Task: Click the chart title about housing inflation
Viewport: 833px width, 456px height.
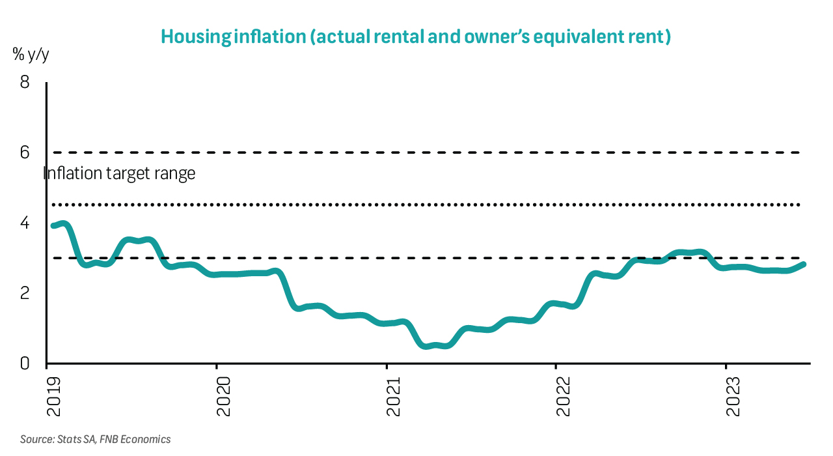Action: click(415, 36)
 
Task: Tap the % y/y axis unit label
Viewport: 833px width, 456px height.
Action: click(31, 55)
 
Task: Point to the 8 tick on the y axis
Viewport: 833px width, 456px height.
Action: click(25, 83)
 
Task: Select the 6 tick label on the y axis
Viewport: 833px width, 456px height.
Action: click(25, 152)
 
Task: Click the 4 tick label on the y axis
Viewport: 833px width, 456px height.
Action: click(25, 223)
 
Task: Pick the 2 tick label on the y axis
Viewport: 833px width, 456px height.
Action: click(25, 293)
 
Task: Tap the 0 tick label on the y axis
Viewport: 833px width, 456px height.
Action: click(25, 363)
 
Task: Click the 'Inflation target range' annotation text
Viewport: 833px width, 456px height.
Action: click(119, 174)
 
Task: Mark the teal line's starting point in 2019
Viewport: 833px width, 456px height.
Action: click(53, 225)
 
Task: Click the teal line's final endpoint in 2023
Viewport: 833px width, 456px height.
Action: click(804, 264)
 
